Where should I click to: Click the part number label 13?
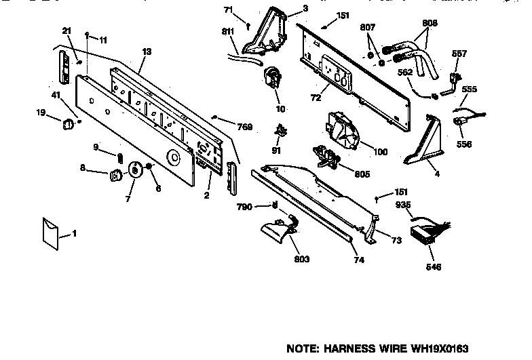[x=147, y=52]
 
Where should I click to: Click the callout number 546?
[x=433, y=266]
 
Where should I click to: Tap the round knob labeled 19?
[x=68, y=123]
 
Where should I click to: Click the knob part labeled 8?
[x=115, y=176]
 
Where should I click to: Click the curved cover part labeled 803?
[x=280, y=233]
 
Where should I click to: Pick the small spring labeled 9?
[x=120, y=157]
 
